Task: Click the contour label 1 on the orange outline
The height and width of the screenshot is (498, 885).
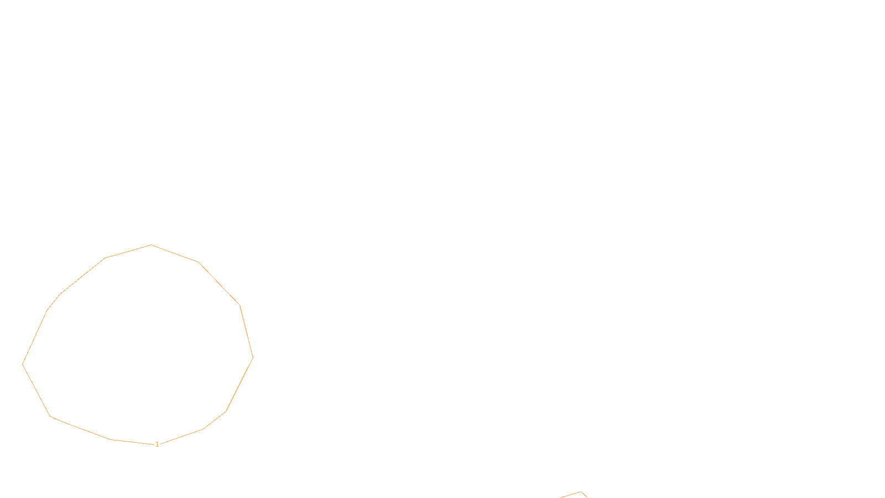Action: tap(157, 444)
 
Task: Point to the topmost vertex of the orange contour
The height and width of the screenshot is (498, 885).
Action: tap(152, 245)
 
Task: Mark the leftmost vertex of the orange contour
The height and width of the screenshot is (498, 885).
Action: tap(23, 364)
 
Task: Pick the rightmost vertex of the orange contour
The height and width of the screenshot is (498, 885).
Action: tap(253, 357)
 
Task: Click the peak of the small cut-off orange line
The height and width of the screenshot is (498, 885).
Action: tap(581, 492)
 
